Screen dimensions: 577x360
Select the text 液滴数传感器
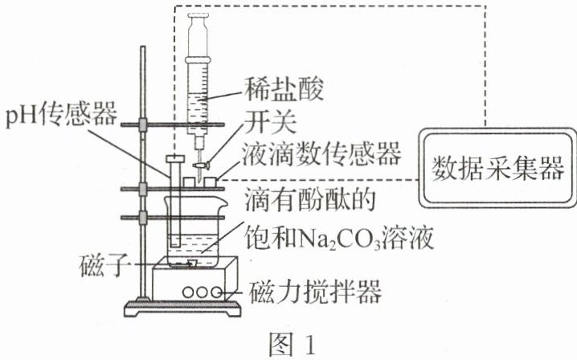point(320,155)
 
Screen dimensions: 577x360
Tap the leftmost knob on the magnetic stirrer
point(186,292)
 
